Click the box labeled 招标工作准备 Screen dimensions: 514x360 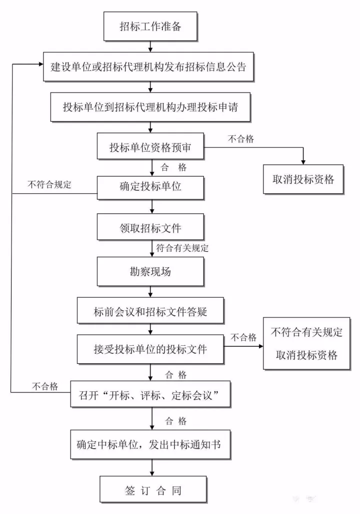click(150, 27)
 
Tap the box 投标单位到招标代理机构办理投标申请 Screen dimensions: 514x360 click(150, 108)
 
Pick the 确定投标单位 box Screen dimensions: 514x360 click(150, 188)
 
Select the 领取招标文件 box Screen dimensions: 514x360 click(150, 228)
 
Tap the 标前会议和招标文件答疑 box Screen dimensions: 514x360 click(150, 312)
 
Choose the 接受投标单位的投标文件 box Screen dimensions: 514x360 click(150, 349)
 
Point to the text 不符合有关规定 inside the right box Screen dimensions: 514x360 click(306, 332)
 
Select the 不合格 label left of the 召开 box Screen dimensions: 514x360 click(45, 386)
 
